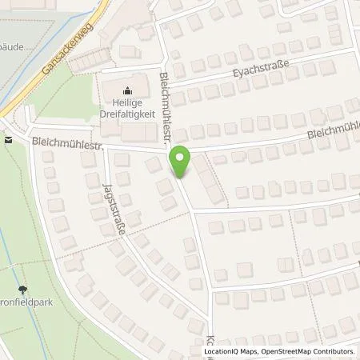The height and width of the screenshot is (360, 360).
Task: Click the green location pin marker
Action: coord(182,163)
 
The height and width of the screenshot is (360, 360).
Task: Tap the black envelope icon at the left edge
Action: coord(7,140)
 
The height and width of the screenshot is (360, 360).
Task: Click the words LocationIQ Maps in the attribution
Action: coord(228,351)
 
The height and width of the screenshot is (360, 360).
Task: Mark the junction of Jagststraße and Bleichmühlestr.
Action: coord(103,149)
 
